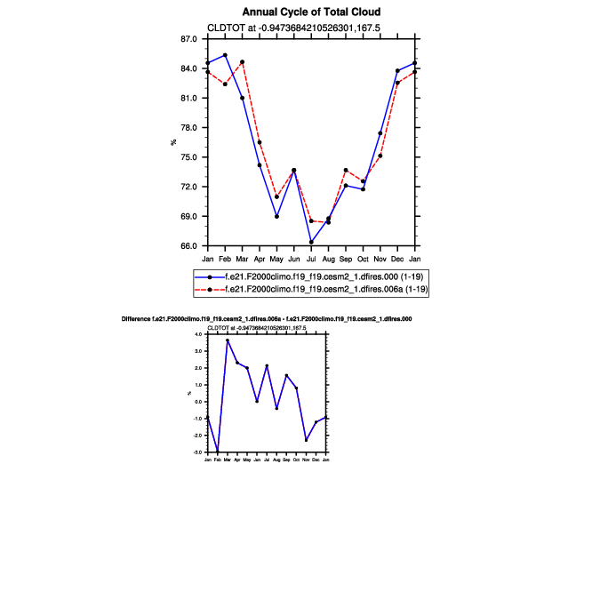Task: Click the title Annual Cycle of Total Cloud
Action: (x=311, y=12)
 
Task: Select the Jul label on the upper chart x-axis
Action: (x=311, y=259)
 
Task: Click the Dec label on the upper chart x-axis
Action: (x=397, y=259)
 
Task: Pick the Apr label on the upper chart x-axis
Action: (x=260, y=259)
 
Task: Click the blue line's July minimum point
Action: (x=311, y=242)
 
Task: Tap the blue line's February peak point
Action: (x=225, y=55)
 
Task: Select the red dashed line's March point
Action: (x=242, y=62)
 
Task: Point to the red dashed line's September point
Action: (x=346, y=170)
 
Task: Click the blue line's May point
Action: (x=276, y=216)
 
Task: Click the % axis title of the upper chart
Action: (x=174, y=143)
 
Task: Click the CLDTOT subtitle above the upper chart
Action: (x=293, y=28)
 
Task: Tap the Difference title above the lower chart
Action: (x=266, y=318)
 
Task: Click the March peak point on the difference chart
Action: (x=227, y=340)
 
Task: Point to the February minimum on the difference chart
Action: (x=217, y=452)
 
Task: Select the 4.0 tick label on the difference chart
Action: (x=199, y=334)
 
